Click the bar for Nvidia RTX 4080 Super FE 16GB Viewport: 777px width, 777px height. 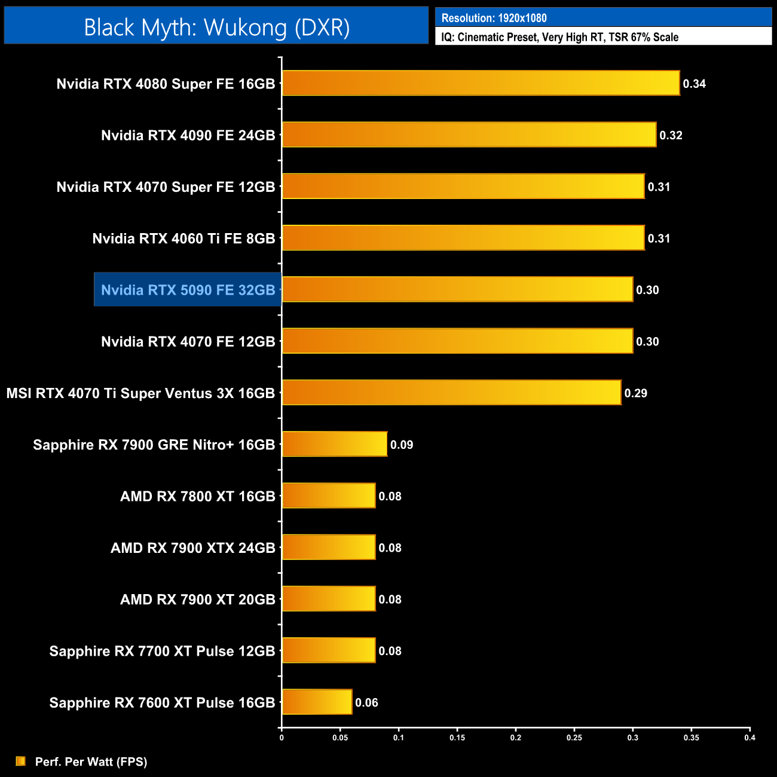coord(481,83)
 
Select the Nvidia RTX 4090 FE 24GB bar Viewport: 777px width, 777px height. coord(469,134)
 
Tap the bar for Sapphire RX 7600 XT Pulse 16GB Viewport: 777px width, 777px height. coord(317,702)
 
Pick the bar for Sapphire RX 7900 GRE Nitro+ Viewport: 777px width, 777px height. coord(335,444)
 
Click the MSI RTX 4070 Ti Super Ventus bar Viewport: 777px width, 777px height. coord(451,393)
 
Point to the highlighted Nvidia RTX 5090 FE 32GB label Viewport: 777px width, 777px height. coord(188,290)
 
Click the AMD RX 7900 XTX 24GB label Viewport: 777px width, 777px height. coord(192,548)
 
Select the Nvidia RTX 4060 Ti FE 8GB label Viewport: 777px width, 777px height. coord(183,238)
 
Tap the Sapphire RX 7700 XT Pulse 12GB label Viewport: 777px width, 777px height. coord(162,651)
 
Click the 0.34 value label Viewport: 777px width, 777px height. coord(695,84)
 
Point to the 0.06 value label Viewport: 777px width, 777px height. coord(366,703)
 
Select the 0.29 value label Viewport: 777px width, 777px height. coord(636,393)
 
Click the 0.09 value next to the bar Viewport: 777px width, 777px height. coord(402,445)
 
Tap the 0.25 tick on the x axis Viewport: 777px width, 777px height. coord(574,738)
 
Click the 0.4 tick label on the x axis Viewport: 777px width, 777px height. coord(750,738)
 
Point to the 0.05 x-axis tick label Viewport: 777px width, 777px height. coord(340,738)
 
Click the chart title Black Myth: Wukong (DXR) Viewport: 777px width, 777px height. coord(216,27)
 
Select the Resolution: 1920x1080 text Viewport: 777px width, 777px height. coord(494,18)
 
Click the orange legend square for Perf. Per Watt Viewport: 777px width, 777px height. coord(21,761)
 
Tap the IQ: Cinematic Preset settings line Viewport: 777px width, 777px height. coord(559,37)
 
